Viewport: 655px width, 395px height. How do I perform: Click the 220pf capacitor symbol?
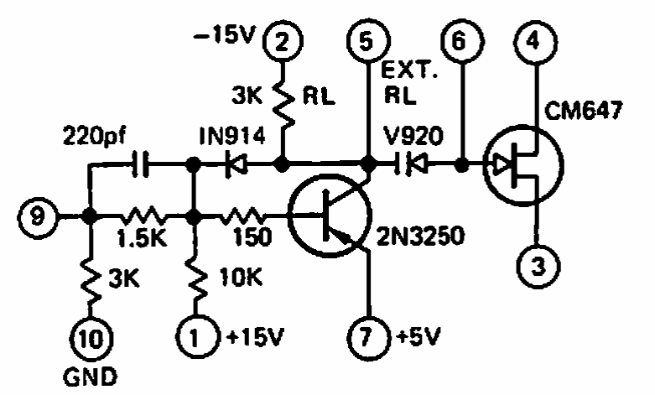[140, 164]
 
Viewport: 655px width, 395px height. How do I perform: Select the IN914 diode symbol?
[235, 164]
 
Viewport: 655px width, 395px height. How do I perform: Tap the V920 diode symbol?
[412, 164]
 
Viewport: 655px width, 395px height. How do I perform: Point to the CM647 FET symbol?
[524, 165]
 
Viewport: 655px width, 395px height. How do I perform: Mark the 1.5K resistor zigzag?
[142, 216]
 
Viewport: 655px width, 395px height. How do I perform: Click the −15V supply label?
[224, 35]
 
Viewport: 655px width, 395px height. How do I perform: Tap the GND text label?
[91, 377]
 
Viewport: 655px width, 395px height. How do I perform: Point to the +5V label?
[418, 336]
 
